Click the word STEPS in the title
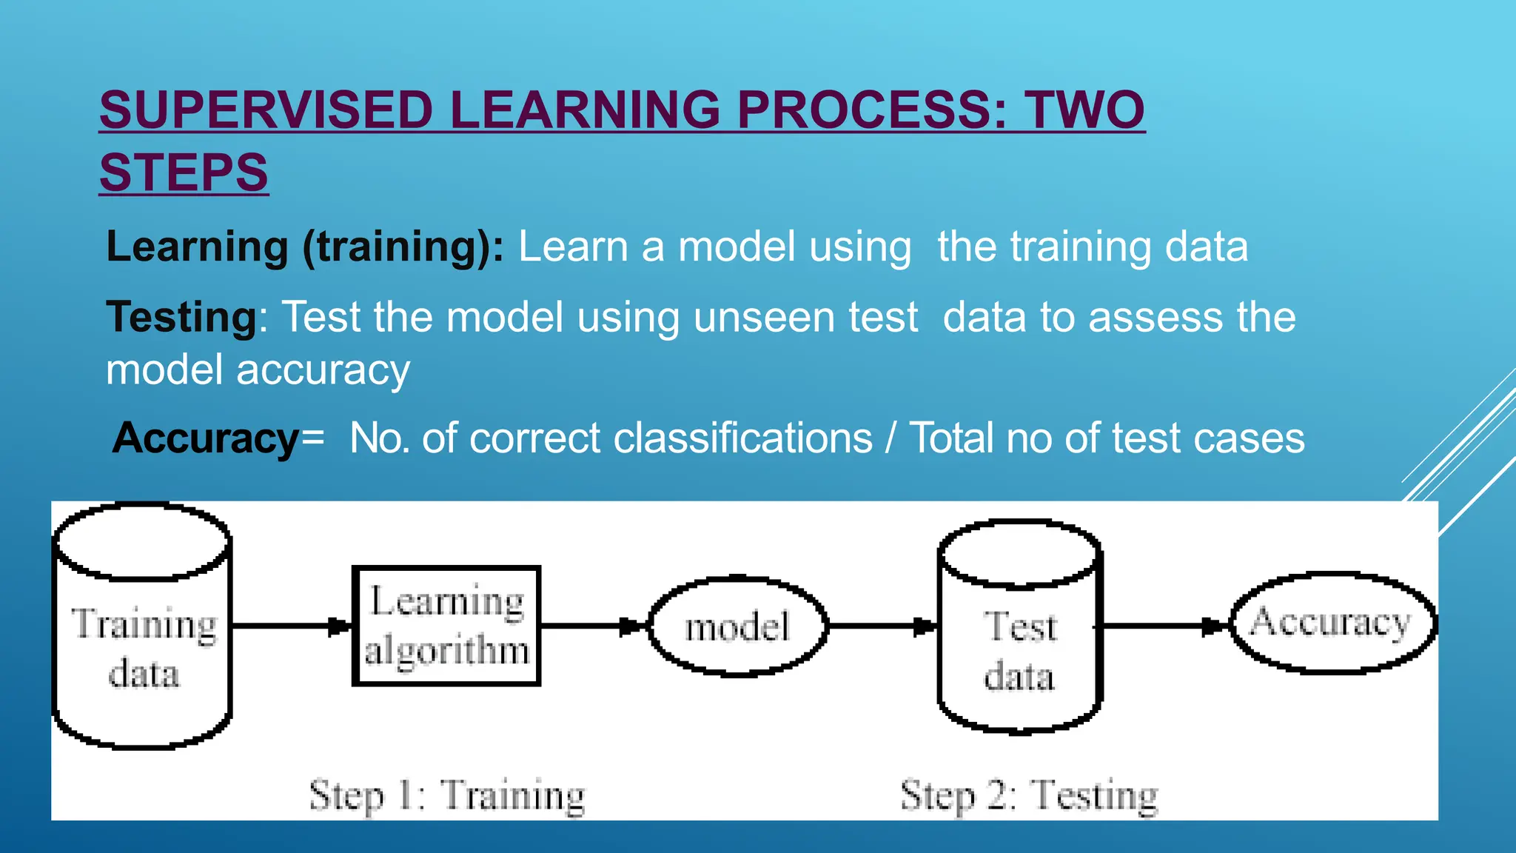[x=184, y=173]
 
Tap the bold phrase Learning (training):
[x=304, y=247]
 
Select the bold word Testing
[x=181, y=317]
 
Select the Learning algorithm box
[x=446, y=626]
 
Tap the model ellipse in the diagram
[x=737, y=626]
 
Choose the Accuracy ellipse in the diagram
[x=1332, y=623]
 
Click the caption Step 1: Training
[x=447, y=796]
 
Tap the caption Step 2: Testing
[x=1029, y=796]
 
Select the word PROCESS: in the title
[x=871, y=110]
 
